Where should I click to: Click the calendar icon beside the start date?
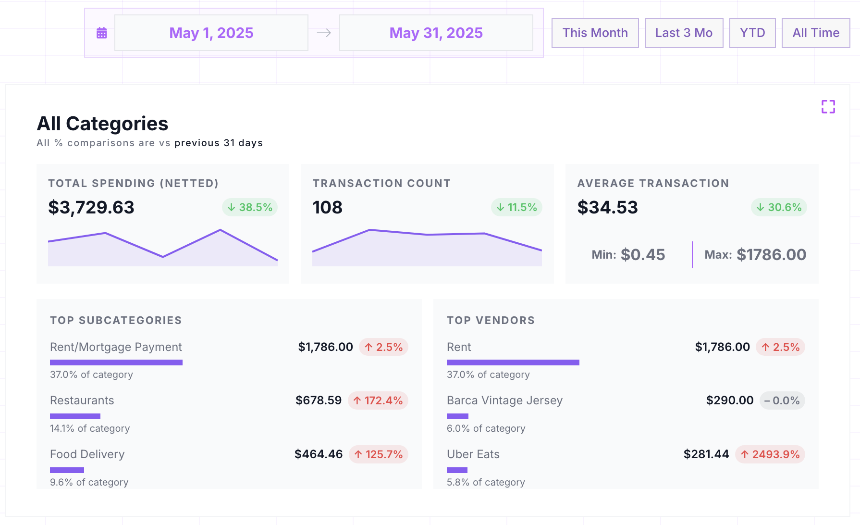[x=101, y=33]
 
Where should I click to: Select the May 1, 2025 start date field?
[x=211, y=33]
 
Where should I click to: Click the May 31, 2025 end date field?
[x=436, y=33]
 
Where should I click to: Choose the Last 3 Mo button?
[x=684, y=33]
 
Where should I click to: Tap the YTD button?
[x=752, y=33]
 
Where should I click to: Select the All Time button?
[x=815, y=33]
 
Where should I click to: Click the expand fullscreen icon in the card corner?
[x=828, y=107]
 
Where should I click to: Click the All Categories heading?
[x=102, y=124]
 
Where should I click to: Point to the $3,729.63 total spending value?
[x=91, y=207]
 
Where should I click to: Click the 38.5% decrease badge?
[x=250, y=207]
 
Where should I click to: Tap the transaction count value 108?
[x=327, y=207]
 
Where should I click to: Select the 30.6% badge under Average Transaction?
[x=778, y=207]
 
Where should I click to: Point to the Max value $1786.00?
[x=771, y=254]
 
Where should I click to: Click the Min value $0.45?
[x=642, y=254]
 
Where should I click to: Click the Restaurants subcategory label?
[x=82, y=400]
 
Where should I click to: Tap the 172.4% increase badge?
[x=378, y=400]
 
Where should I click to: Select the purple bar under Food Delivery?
[x=67, y=470]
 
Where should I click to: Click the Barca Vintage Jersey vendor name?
[x=504, y=400]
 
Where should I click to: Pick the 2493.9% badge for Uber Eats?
[x=770, y=454]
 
